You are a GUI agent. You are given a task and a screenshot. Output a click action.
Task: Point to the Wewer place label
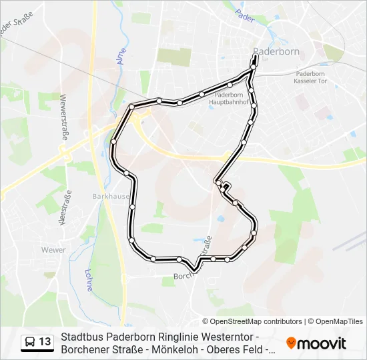tap(53, 250)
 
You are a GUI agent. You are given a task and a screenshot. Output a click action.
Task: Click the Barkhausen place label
tap(107, 197)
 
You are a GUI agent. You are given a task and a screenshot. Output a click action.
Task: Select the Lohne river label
tap(89, 279)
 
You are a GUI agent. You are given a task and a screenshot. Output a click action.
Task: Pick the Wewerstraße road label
tap(64, 113)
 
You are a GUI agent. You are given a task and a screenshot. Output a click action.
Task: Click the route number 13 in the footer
tap(45, 342)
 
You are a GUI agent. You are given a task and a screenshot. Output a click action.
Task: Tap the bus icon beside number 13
tap(30, 342)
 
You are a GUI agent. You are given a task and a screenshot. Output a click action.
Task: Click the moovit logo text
tap(322, 343)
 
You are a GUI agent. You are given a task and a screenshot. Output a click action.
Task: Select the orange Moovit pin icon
tap(291, 343)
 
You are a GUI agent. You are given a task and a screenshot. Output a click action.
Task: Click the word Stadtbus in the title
tap(81, 337)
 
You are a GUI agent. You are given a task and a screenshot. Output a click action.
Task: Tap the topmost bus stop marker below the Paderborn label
tap(255, 59)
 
